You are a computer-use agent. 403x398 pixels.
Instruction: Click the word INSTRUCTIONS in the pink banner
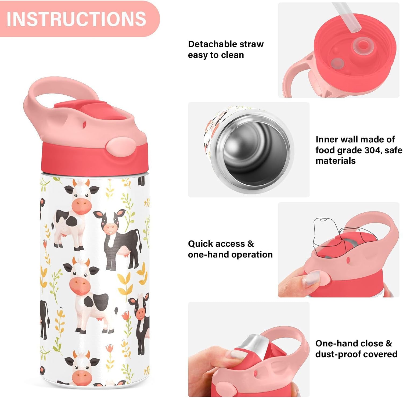coord(76,19)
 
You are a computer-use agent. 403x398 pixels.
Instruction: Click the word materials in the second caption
coord(335,161)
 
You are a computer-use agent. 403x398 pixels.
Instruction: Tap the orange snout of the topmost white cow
coord(81,206)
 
